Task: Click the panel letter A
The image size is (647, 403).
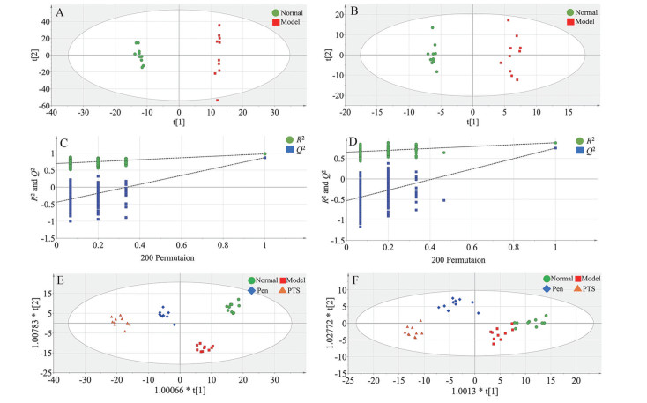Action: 59,13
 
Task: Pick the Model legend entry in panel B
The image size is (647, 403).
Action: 577,22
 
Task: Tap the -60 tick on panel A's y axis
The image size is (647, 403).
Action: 41,106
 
